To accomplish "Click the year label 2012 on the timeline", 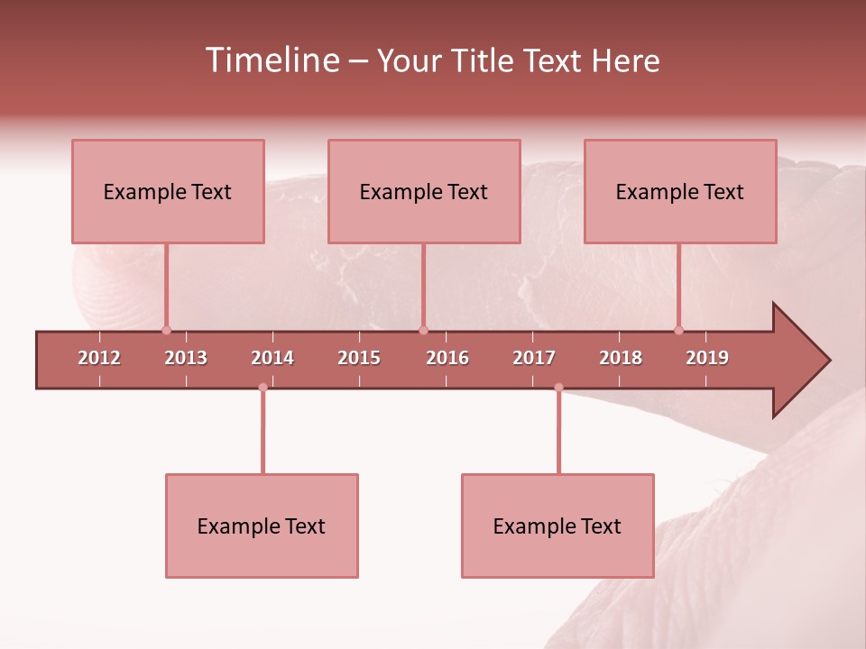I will [x=99, y=358].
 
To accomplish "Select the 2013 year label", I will [x=186, y=358].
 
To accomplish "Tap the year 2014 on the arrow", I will [x=272, y=358].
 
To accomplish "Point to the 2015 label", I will [x=359, y=358].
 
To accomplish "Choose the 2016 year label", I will [x=447, y=358].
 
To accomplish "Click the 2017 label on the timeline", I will [x=534, y=358].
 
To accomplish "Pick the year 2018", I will [x=621, y=358].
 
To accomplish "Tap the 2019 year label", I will [x=707, y=358].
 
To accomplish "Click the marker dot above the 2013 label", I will [x=166, y=330].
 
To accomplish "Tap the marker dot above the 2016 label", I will [x=423, y=330].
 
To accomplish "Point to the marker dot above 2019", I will [x=679, y=330].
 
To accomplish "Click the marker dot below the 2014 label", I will [x=263, y=388].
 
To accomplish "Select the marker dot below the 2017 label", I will [x=558, y=388].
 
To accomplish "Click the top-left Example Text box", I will [x=168, y=191].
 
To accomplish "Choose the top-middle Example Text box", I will [x=424, y=191].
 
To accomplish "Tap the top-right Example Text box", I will [x=680, y=191].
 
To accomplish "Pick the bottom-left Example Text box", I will [x=262, y=526].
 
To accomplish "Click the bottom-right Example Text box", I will [x=557, y=526].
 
